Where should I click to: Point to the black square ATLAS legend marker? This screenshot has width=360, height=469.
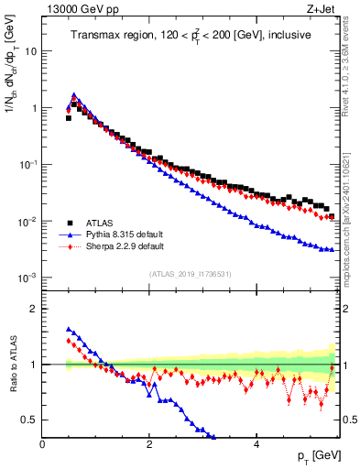coord(69,222)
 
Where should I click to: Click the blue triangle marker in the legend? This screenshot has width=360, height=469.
coord(69,234)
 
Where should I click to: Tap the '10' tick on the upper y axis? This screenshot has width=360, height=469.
coord(32,51)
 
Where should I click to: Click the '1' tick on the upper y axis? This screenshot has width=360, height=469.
coord(35,108)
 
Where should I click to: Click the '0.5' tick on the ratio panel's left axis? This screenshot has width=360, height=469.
coord(30,420)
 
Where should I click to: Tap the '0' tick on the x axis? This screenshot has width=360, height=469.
coord(42,444)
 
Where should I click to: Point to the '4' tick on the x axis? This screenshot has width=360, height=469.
coord(256,444)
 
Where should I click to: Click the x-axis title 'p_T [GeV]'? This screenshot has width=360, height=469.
coord(315,456)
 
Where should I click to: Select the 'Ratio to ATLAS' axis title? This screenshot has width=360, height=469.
coord(12,364)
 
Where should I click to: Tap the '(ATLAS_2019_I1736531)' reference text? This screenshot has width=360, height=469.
coord(190,274)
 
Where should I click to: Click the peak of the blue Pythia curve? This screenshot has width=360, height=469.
coord(74,94)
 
